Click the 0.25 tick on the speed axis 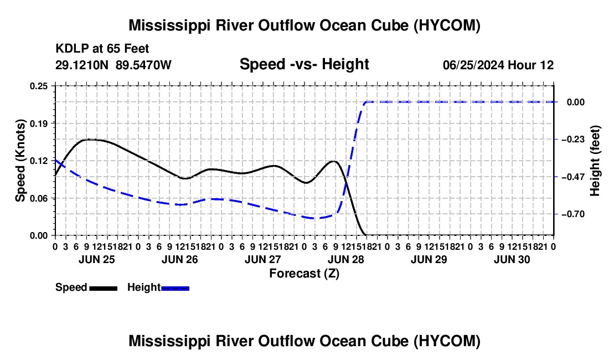(x=38, y=86)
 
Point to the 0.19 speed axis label (x=38, y=124)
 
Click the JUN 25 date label (x=97, y=259)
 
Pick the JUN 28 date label (x=346, y=259)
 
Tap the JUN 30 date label (x=512, y=259)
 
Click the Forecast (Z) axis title (x=304, y=274)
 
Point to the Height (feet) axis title (x=595, y=161)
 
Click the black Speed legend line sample (x=104, y=289)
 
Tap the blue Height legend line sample (x=175, y=289)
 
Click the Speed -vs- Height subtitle (x=304, y=64)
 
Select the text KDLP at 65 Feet (x=102, y=49)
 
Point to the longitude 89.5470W (x=143, y=65)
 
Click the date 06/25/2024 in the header (x=474, y=65)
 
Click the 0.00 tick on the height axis (x=576, y=102)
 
